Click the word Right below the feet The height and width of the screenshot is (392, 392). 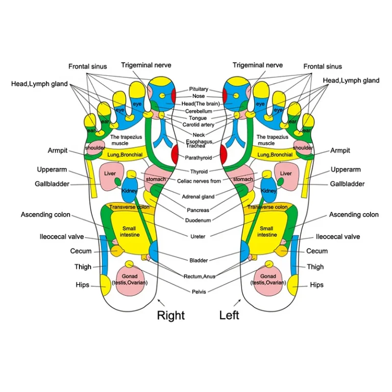click(x=171, y=315)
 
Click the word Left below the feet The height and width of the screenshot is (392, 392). click(x=229, y=315)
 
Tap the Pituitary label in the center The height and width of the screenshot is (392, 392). click(x=198, y=89)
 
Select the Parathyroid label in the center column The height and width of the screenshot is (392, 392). click(x=198, y=158)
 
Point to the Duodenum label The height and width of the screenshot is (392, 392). click(x=198, y=220)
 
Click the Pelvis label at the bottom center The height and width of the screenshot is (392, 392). click(x=199, y=292)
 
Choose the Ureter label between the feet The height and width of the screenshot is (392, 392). click(x=198, y=236)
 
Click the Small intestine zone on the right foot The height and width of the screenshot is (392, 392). click(x=130, y=230)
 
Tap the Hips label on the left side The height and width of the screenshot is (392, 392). click(x=82, y=285)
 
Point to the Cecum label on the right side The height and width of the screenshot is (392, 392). click(x=317, y=251)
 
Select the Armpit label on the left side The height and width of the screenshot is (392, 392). click(x=57, y=150)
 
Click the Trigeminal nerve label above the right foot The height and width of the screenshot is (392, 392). click(x=146, y=65)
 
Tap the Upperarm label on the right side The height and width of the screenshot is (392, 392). click(x=345, y=170)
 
